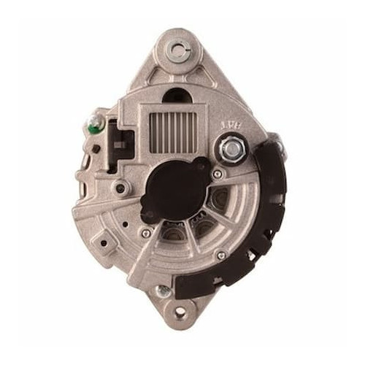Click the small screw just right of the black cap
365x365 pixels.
pyautogui.click(x=218, y=174)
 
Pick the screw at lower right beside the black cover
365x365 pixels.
pyautogui.click(x=221, y=255)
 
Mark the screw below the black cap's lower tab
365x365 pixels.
pyautogui.click(x=147, y=233)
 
